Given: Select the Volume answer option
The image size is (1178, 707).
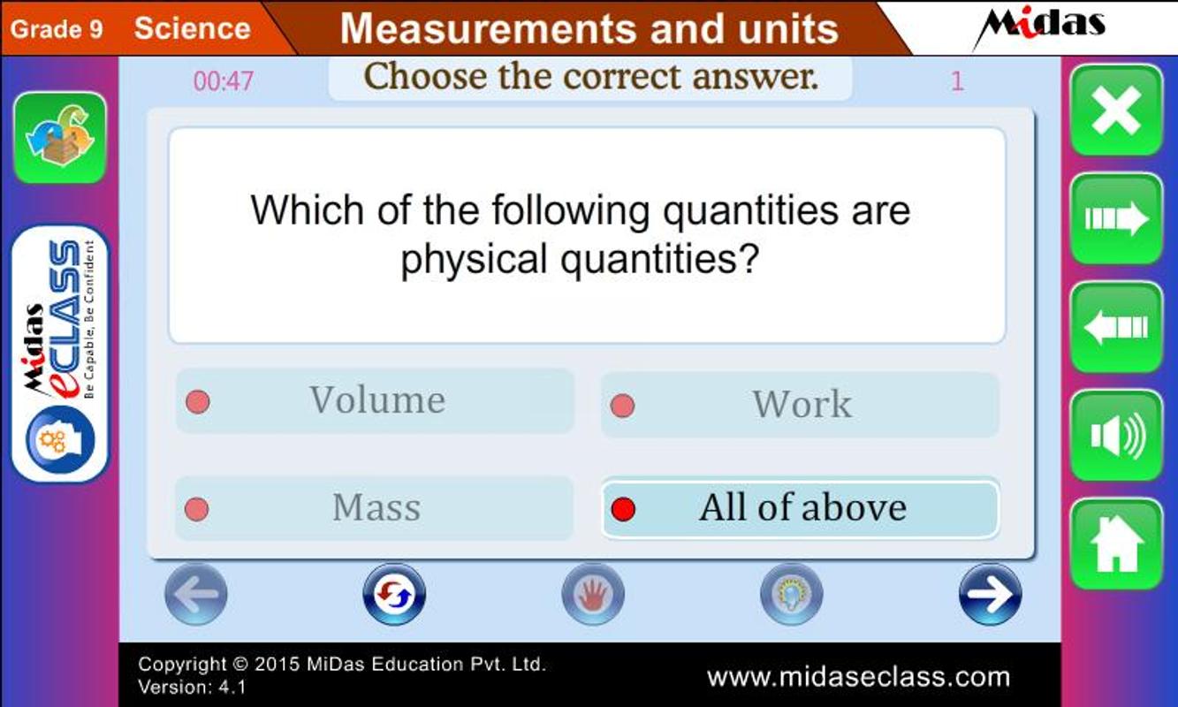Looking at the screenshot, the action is [375, 401].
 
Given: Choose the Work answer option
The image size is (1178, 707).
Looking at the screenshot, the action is [800, 405].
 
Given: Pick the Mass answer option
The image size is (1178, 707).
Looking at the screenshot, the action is [374, 508].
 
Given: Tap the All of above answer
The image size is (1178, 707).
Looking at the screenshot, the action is [800, 509].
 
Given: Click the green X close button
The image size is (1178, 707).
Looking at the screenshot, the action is [1116, 110].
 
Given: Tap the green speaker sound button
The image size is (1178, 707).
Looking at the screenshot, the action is [1116, 436].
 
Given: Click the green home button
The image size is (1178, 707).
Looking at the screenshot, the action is [1116, 544].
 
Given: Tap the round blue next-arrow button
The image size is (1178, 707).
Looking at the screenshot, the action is [991, 595].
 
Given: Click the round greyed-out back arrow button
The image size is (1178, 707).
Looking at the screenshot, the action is [195, 595].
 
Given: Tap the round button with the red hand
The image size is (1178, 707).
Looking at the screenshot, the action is [593, 595].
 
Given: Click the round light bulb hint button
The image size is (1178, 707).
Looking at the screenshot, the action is [792, 595].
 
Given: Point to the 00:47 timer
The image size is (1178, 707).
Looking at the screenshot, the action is [224, 81].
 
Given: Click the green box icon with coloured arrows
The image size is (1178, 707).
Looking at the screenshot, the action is [60, 138].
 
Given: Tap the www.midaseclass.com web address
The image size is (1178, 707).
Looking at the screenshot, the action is [858, 677].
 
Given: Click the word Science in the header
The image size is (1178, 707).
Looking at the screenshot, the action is [192, 28].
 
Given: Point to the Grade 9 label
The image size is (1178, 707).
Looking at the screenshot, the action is [57, 29].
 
